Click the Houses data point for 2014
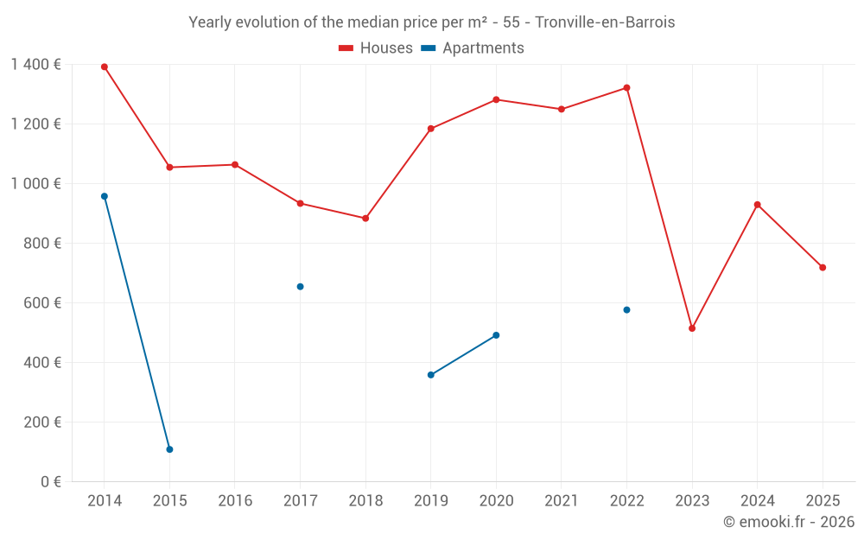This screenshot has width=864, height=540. [105, 67]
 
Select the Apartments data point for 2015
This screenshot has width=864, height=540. [169, 449]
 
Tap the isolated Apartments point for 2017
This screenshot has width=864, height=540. [300, 287]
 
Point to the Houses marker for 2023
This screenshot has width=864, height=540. [692, 328]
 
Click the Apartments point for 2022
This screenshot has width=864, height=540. [626, 309]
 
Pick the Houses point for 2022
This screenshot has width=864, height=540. [626, 88]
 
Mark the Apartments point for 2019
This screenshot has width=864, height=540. [430, 375]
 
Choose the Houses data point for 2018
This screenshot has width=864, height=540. [365, 219]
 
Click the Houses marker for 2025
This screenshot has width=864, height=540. [823, 268]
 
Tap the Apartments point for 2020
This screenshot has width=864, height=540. [496, 335]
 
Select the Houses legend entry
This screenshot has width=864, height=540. [376, 48]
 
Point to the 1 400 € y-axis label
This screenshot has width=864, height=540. [35, 65]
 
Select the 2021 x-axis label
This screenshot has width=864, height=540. [562, 501]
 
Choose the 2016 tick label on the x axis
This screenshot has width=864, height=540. [235, 501]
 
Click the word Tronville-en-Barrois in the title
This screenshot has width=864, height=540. [605, 22]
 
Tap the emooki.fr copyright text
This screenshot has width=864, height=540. [788, 522]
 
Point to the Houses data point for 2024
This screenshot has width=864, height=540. [757, 205]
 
